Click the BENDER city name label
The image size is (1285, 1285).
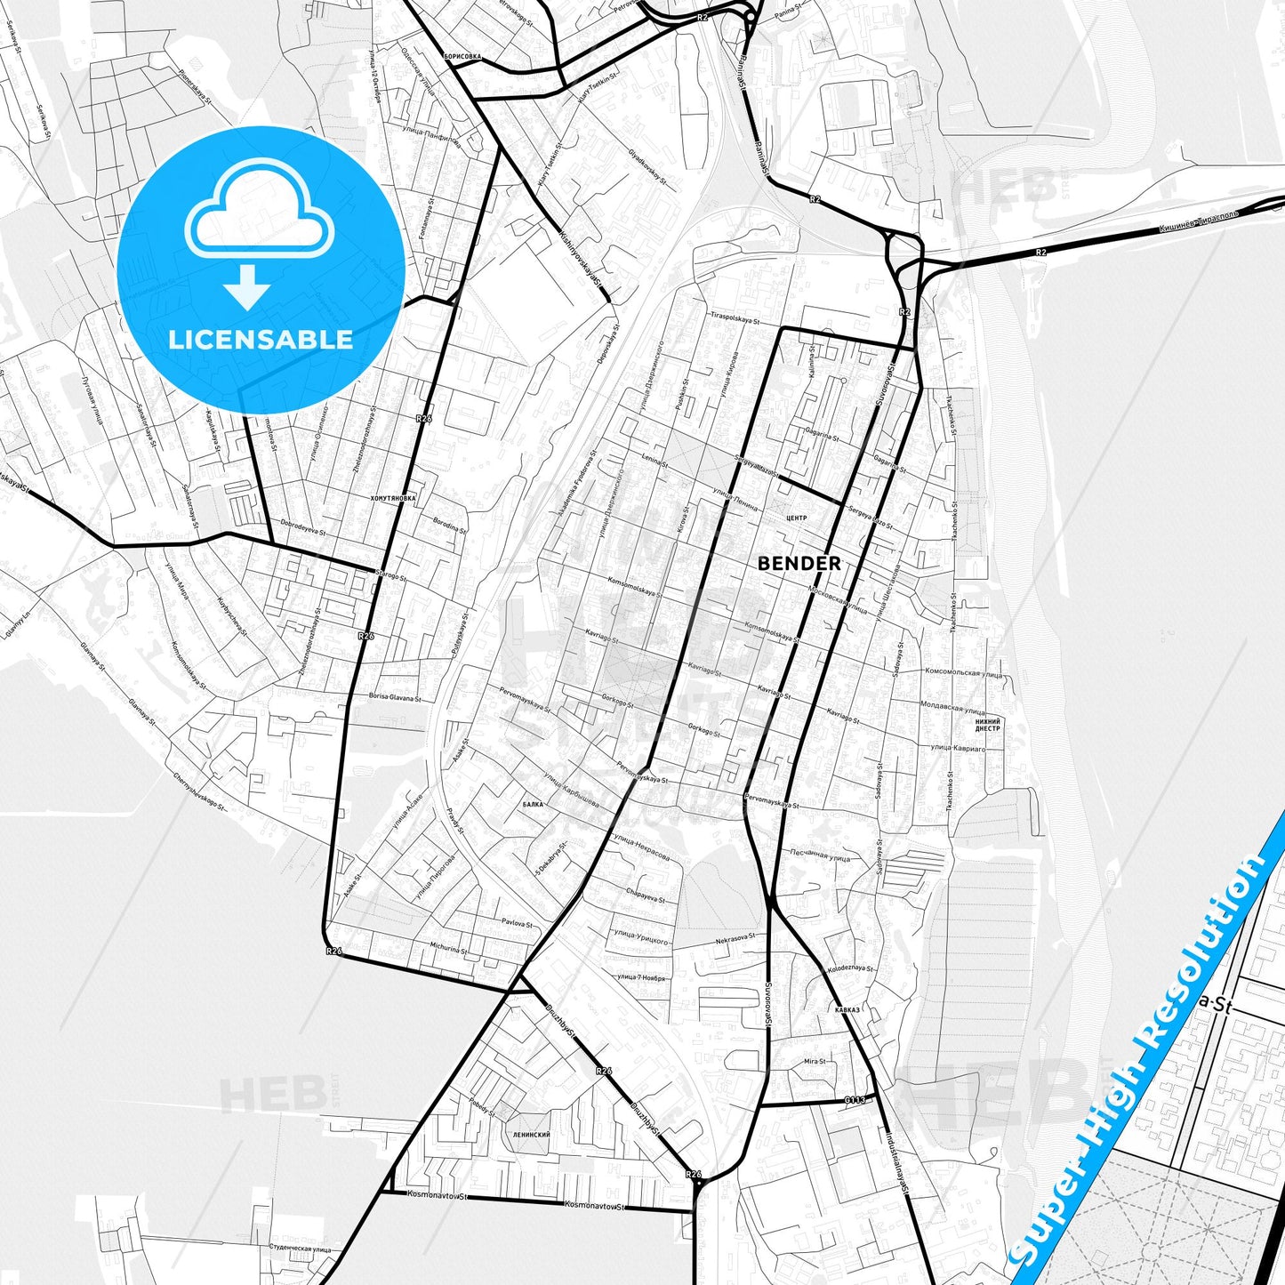tap(799, 563)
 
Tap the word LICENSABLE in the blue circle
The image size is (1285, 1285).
tap(261, 340)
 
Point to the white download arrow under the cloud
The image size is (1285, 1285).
tap(247, 286)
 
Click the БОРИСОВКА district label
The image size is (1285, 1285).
tap(462, 56)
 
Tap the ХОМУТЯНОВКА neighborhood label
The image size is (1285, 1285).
tap(392, 499)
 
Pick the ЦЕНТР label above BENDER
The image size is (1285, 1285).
tap(797, 518)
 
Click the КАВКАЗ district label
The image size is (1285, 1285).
tap(847, 1009)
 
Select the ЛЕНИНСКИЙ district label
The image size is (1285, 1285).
tap(532, 1135)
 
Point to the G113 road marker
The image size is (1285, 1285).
tap(855, 1100)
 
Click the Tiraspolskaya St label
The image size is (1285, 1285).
tap(734, 317)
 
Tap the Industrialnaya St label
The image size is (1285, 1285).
tap(897, 1164)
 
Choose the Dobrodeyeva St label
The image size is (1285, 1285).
tap(303, 527)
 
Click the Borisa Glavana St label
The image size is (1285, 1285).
tap(394, 698)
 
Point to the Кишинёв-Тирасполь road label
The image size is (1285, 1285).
tap(1198, 223)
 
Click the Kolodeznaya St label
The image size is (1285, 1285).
tap(850, 969)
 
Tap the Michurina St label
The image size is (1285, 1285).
tap(448, 949)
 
